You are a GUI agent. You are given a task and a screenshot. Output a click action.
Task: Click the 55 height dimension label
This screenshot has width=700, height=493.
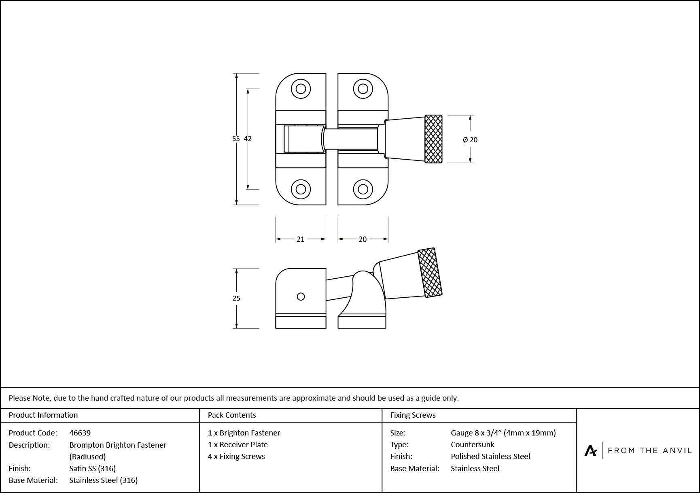coord(236,139)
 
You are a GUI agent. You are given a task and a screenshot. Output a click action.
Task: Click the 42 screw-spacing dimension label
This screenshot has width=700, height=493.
coord(248,139)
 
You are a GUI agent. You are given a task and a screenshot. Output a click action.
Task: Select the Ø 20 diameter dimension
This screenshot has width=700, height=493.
coord(470,140)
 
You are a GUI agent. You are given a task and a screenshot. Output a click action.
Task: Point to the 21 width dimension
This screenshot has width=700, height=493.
coord(300,239)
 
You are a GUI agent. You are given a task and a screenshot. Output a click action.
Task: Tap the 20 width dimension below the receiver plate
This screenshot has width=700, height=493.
coord(363,239)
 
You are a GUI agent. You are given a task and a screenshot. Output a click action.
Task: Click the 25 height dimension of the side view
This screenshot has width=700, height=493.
coord(236,298)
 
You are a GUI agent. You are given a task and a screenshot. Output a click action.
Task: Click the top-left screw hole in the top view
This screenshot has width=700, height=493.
coord(301,88)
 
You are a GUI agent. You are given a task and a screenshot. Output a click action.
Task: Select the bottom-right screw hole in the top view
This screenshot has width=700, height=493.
coord(363,189)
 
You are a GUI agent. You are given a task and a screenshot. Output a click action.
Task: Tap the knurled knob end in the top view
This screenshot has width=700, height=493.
coord(433,139)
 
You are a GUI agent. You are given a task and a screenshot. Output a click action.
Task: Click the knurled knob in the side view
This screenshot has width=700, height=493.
coord(430,273)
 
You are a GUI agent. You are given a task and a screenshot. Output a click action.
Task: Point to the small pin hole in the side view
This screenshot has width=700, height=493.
coord(301,297)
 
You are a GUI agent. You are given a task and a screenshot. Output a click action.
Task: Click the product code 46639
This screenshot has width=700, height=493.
coord(80,433)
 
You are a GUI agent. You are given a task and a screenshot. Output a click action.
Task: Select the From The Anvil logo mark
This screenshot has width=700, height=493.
coord(590,450)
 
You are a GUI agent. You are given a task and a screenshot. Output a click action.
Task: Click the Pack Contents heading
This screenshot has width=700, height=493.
coord(232,415)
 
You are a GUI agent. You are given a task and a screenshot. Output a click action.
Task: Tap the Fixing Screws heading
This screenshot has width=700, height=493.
coord(413,415)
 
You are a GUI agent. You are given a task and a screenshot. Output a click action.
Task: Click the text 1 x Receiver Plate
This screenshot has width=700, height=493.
coord(238,444)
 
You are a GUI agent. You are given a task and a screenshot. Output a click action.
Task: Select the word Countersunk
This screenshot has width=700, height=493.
coord(473,444)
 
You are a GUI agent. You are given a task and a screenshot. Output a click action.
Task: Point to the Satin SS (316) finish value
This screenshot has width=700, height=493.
coord(93,468)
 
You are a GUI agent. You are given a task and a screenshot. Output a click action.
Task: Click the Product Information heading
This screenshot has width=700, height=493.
coord(43,415)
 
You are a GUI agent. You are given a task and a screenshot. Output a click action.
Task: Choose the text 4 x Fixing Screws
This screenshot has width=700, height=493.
coord(236,456)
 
